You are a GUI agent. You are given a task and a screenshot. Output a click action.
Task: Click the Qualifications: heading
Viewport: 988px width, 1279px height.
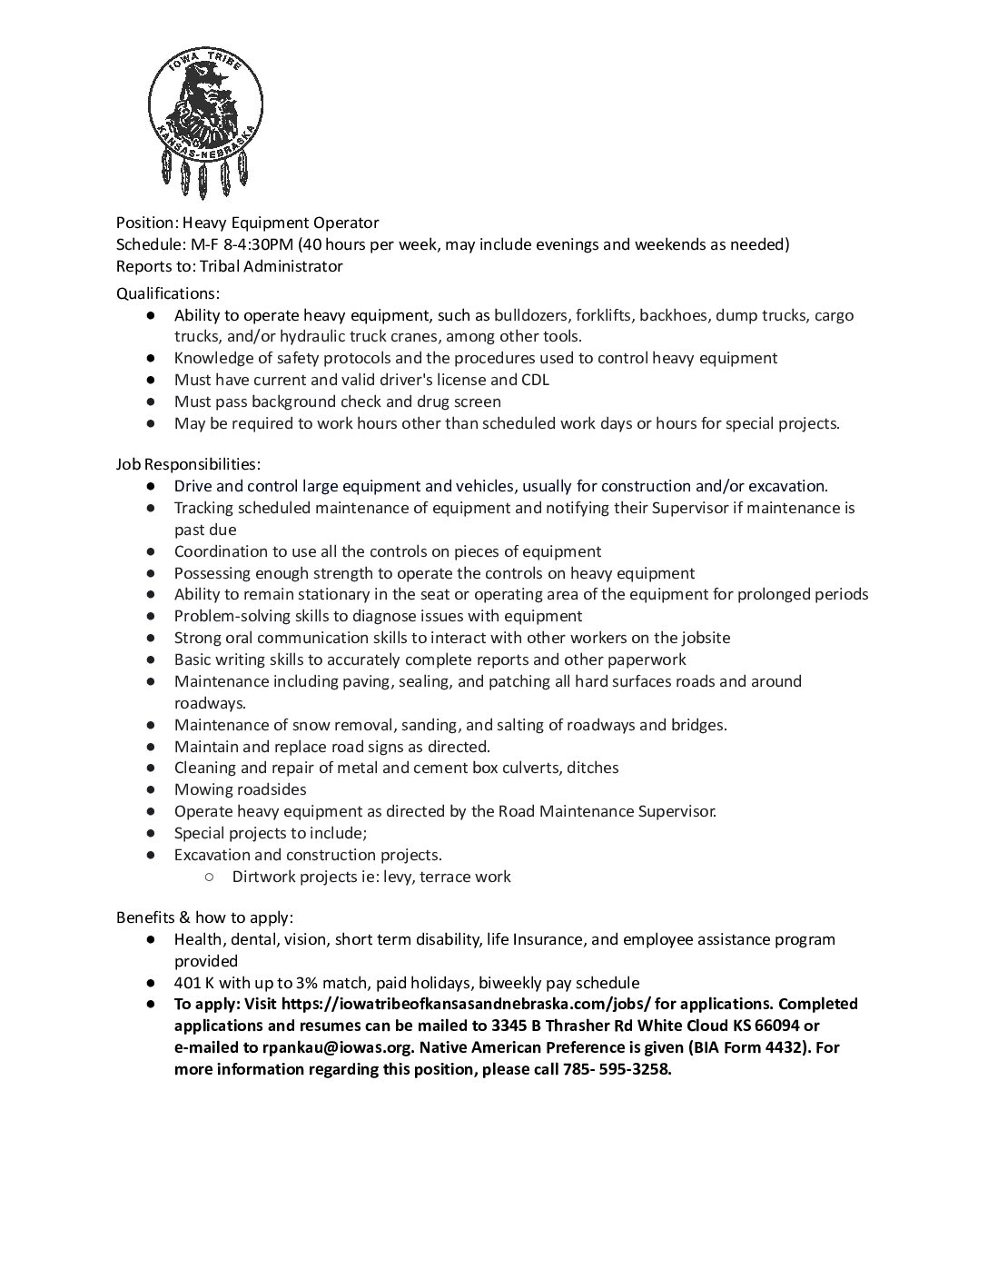point(168,293)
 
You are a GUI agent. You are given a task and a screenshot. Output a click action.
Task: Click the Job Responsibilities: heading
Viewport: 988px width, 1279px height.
point(188,464)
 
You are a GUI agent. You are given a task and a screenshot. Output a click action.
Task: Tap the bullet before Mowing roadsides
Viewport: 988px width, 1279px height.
point(151,789)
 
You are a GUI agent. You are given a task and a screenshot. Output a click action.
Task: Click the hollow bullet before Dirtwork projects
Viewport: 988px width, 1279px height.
point(209,877)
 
